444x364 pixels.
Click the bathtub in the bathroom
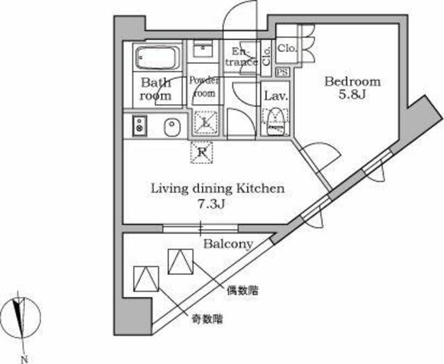(x=157, y=58)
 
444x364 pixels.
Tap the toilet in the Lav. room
(x=275, y=121)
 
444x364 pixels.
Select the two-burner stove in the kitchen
(x=139, y=126)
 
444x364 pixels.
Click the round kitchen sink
(x=172, y=127)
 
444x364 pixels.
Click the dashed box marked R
(x=201, y=153)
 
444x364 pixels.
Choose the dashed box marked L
(x=206, y=122)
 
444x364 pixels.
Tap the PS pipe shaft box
(x=282, y=72)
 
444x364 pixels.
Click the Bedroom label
(x=352, y=82)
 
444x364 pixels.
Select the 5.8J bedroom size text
(x=352, y=94)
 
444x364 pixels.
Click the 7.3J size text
(x=211, y=204)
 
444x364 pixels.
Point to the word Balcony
(x=228, y=244)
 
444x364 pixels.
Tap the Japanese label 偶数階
(x=242, y=290)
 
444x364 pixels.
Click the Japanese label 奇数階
(x=207, y=320)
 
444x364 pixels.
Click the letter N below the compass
(x=24, y=359)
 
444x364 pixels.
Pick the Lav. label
(x=276, y=96)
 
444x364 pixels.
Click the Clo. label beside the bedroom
(x=287, y=48)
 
